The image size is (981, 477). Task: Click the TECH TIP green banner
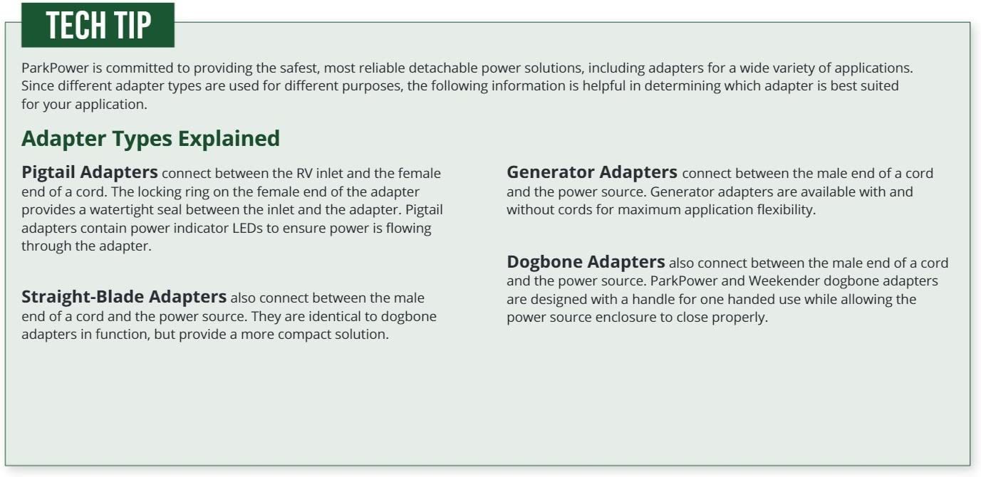[98, 25]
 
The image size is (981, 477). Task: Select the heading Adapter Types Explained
[150, 139]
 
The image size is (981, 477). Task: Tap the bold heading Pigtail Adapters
[89, 172]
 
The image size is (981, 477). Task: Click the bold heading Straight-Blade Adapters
[124, 297]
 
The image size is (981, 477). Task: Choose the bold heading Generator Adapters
[592, 172]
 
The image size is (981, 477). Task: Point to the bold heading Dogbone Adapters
[586, 262]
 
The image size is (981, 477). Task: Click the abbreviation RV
[304, 173]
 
